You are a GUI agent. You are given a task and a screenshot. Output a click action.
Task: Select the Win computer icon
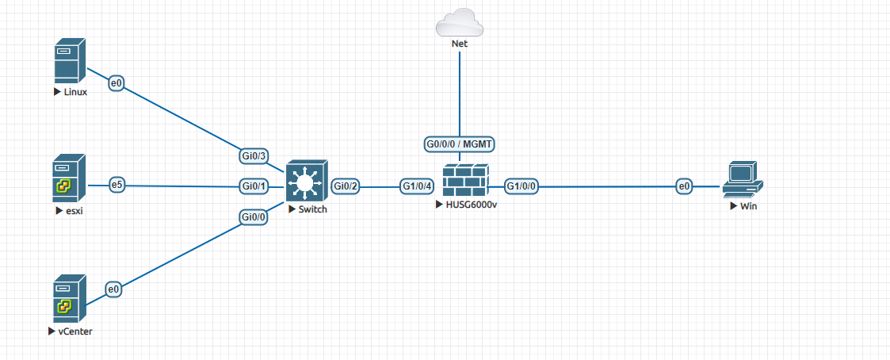click(743, 180)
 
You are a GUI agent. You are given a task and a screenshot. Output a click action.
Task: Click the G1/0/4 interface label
click(417, 186)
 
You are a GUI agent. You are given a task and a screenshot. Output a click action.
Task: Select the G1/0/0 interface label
click(522, 186)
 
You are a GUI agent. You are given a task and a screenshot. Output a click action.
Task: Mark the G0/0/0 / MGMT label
click(460, 144)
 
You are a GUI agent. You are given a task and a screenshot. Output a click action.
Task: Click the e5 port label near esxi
click(117, 185)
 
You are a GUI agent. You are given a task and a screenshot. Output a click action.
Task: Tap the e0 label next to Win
click(684, 186)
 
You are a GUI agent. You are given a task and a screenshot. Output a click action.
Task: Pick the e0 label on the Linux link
click(117, 82)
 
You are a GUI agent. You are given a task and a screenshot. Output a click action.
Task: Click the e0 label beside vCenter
click(114, 290)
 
